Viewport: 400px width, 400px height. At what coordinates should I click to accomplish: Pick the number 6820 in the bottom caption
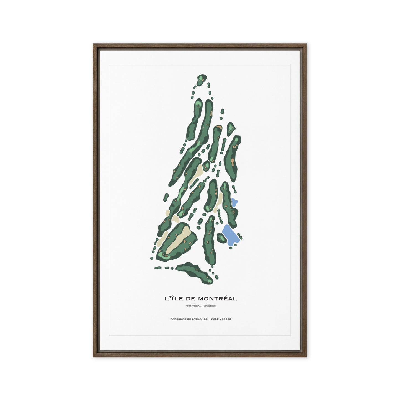(x=215, y=319)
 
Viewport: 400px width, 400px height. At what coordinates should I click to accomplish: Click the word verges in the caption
(x=225, y=319)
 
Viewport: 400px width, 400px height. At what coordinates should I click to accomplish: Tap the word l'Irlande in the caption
(x=198, y=319)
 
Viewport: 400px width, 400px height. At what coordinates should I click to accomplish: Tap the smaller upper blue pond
(x=234, y=203)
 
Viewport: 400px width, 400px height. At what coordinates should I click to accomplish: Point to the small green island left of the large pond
(x=221, y=238)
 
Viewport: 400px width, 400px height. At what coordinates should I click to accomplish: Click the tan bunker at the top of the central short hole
(x=219, y=128)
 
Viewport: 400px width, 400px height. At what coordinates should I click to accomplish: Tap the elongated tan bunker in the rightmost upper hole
(x=232, y=162)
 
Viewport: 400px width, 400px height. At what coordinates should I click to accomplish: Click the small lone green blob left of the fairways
(x=166, y=197)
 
